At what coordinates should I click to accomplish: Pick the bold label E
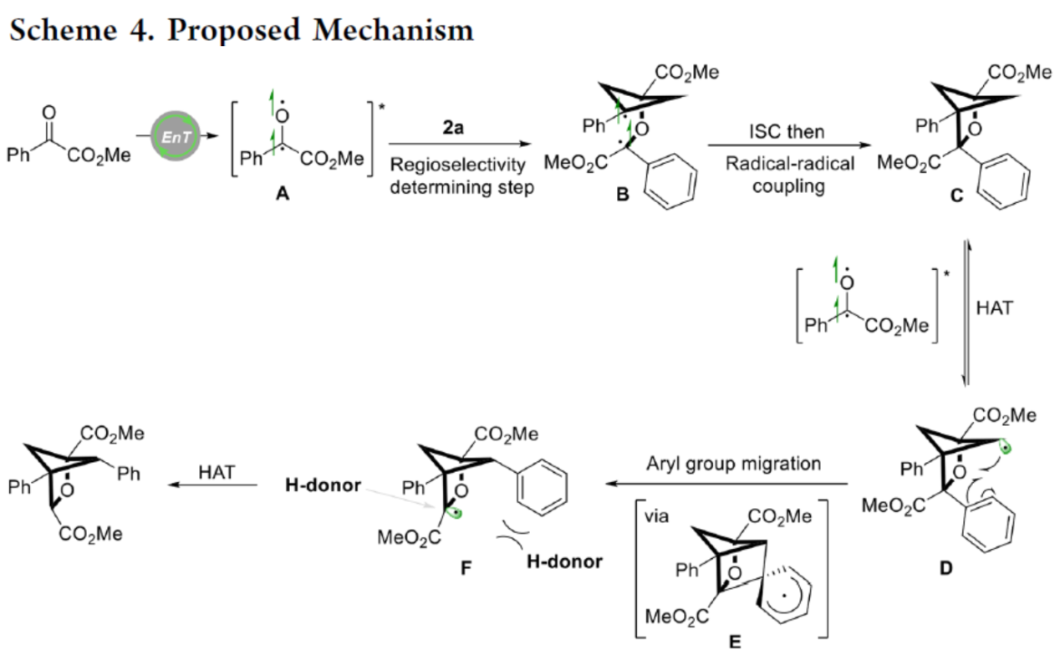pyautogui.click(x=735, y=643)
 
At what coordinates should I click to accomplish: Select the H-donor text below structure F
pyautogui.click(x=564, y=561)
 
